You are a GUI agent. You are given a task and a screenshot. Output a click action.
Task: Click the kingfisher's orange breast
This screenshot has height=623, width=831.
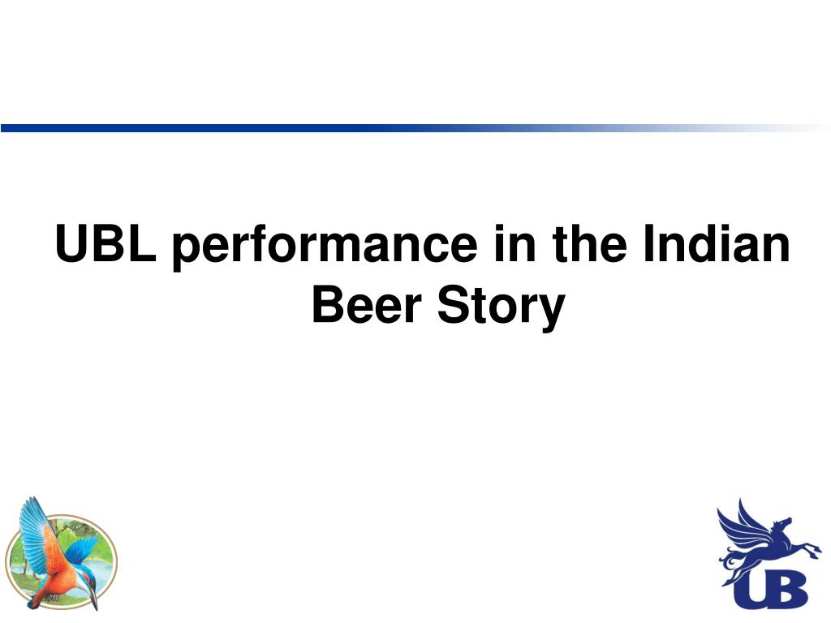click(x=61, y=572)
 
